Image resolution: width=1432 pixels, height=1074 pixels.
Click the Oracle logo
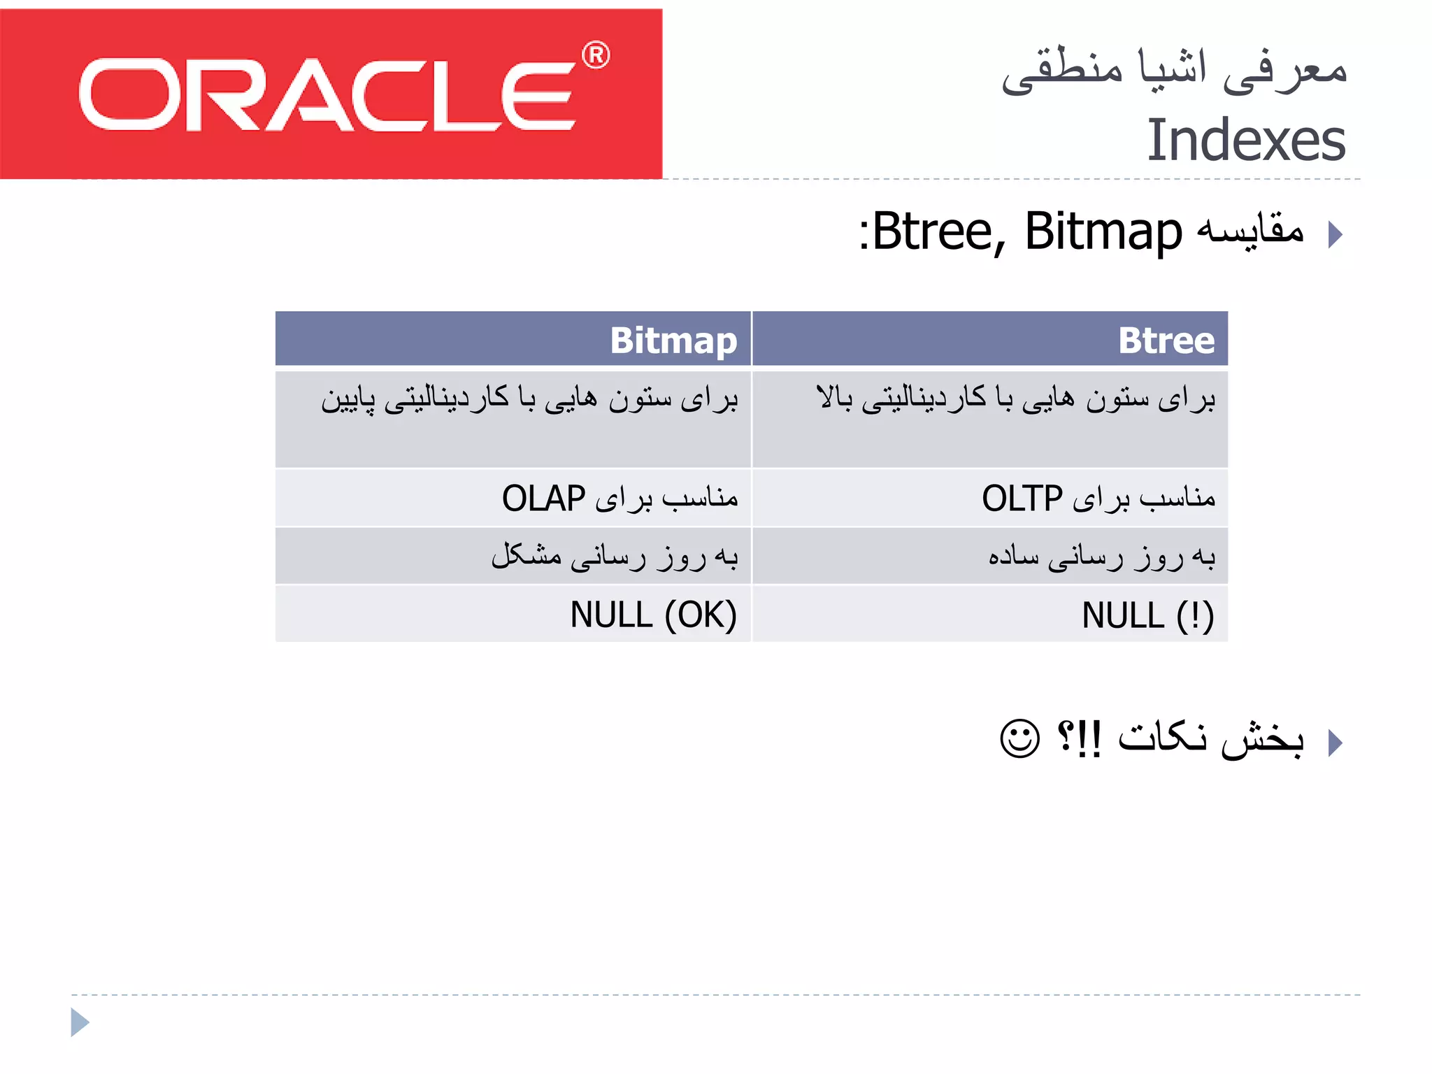(329, 94)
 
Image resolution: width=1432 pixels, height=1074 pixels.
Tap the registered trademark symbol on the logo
(596, 55)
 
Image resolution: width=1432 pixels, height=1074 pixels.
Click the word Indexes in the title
(1245, 141)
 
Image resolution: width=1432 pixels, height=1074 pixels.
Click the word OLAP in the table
(543, 499)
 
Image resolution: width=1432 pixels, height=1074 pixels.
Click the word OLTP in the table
(1022, 499)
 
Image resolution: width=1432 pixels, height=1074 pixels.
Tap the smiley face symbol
(1019, 738)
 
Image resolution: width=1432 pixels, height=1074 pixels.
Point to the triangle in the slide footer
(79, 1022)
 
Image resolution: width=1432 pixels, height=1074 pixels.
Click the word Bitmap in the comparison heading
(1103, 231)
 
